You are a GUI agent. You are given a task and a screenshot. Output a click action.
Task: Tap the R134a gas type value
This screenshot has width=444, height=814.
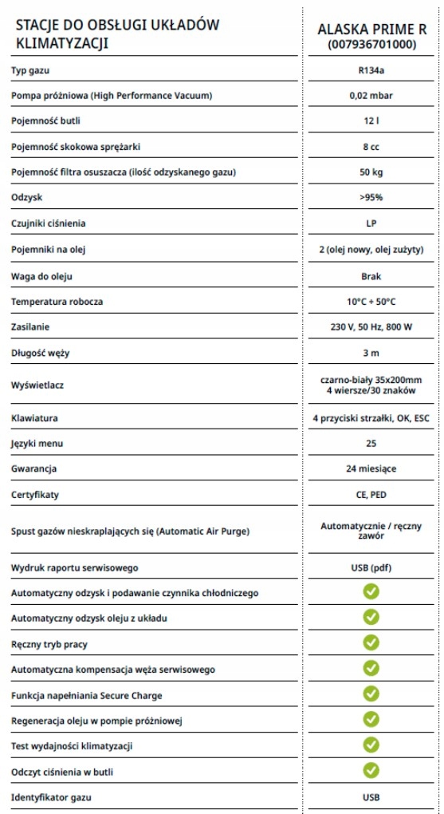(371, 70)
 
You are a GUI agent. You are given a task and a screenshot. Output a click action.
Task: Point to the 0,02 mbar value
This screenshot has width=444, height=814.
(371, 96)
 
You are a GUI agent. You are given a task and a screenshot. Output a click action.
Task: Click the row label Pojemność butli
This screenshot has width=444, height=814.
(46, 121)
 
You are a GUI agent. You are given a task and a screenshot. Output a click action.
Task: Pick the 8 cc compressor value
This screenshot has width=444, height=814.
(371, 147)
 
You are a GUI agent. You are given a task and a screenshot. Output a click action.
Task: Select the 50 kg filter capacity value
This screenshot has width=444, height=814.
(371, 172)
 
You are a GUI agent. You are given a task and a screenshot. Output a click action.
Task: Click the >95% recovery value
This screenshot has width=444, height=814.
(371, 198)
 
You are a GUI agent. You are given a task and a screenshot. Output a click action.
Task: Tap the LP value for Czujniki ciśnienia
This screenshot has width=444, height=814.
(371, 223)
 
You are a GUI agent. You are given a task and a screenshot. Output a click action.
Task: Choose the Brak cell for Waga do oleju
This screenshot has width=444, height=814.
(371, 276)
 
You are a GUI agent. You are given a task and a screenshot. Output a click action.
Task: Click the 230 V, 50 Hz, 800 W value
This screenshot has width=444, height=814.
(371, 327)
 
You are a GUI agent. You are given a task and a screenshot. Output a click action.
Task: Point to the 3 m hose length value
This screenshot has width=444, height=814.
(371, 353)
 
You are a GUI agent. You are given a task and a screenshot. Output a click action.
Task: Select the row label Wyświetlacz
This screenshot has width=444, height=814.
(37, 385)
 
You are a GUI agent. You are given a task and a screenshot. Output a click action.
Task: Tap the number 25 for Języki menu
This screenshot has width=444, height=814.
(371, 443)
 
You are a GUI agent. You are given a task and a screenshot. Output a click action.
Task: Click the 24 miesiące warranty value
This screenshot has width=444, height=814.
(371, 468)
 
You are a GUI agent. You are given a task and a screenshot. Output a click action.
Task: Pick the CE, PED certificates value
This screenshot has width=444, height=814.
(371, 494)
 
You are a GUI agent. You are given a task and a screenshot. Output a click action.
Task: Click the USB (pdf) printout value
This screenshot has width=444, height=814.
(371, 567)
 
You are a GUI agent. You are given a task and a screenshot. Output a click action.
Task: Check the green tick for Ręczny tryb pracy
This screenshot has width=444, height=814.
(371, 642)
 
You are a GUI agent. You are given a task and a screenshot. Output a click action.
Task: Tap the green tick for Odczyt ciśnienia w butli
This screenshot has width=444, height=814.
(371, 770)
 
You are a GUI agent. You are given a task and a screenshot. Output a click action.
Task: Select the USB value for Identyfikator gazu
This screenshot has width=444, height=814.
(371, 796)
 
